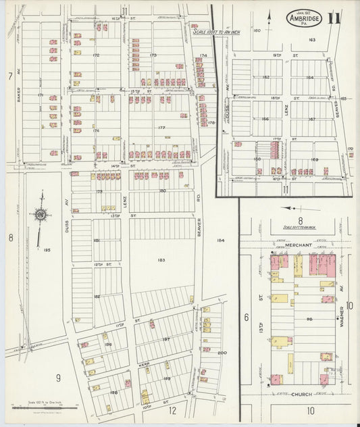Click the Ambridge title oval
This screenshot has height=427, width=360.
pyautogui.click(x=303, y=18)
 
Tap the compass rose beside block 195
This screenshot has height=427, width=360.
pyautogui.click(x=41, y=215)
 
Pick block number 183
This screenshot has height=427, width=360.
pyautogui.click(x=160, y=259)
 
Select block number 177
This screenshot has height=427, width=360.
pyautogui.click(x=161, y=127)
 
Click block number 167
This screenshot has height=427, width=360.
pyautogui.click(x=311, y=120)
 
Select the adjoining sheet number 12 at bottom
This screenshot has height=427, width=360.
pyautogui.click(x=172, y=410)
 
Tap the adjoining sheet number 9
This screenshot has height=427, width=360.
pyautogui.click(x=59, y=378)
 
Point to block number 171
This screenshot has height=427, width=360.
pyautogui.click(x=41, y=96)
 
